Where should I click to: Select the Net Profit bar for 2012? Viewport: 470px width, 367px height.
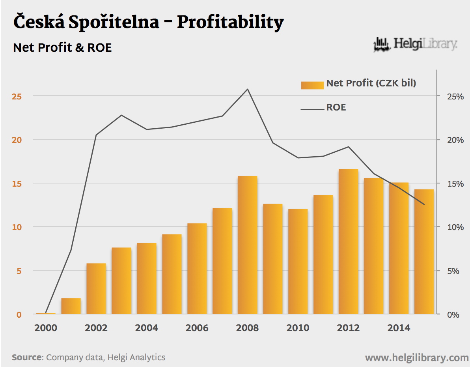(349, 242)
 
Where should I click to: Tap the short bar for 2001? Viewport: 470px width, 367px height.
(71, 306)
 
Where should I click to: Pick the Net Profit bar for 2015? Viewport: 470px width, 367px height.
(424, 252)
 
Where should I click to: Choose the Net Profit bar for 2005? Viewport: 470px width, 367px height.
(172, 274)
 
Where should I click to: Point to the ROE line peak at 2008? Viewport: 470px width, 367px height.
(248, 89)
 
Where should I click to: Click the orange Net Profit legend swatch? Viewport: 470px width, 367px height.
(312, 85)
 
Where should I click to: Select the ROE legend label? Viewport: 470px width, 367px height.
(336, 107)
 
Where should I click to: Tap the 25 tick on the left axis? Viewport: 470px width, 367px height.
(19, 96)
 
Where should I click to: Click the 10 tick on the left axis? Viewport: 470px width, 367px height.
(19, 227)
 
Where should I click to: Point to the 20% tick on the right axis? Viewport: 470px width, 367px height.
(450, 140)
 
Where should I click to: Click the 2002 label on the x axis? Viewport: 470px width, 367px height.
(96, 328)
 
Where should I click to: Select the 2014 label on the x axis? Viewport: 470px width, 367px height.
(399, 328)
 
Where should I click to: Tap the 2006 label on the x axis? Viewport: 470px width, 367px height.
(197, 328)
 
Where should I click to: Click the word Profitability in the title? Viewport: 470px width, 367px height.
(230, 22)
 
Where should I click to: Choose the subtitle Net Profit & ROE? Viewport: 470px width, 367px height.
(62, 48)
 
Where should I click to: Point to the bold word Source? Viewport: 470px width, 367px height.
(27, 358)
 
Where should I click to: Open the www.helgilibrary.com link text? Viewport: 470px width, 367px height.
(416, 358)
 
